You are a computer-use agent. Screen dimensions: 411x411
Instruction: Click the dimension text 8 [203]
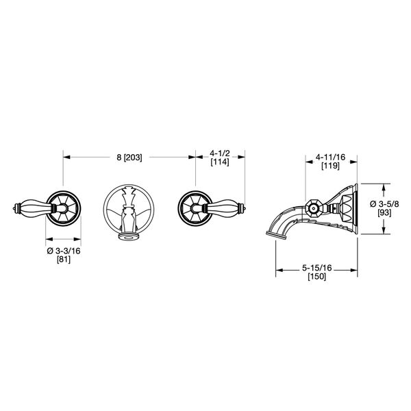click(129, 157)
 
